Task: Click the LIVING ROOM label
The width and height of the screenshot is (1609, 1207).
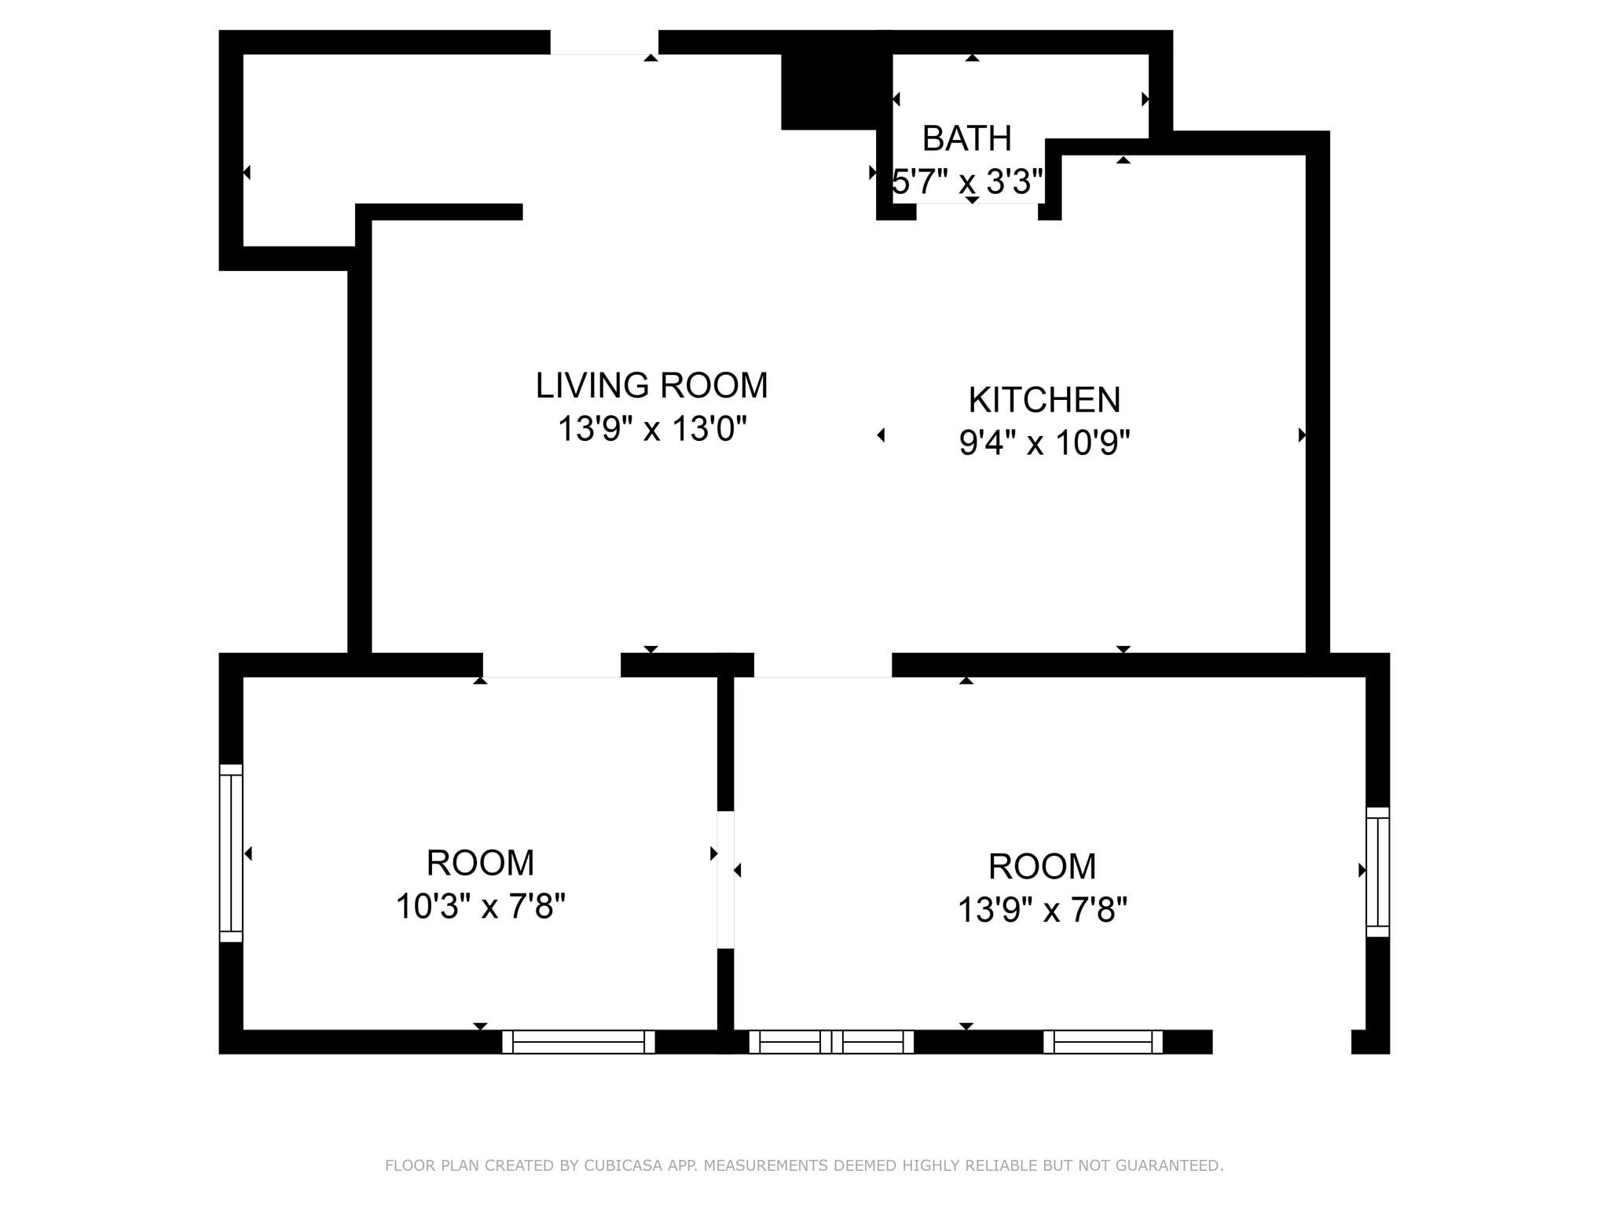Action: (x=651, y=385)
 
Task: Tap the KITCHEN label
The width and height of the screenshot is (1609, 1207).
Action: (x=1044, y=400)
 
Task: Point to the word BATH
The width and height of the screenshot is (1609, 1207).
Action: (x=966, y=138)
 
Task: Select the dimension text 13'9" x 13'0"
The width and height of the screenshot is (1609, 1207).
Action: (x=651, y=429)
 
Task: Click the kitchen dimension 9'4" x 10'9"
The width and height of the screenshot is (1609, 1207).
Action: (x=1044, y=443)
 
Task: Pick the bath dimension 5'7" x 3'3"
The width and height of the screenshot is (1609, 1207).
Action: (x=968, y=182)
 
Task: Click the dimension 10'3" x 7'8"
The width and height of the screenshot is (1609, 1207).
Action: (x=480, y=906)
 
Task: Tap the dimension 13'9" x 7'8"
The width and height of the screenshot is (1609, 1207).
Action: (x=1042, y=910)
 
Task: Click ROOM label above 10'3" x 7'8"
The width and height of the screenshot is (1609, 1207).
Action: (x=480, y=863)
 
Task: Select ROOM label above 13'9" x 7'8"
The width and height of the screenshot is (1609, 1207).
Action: (x=1042, y=867)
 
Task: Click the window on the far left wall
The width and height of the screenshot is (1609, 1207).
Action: (x=231, y=853)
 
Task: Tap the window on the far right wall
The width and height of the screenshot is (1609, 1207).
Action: (x=1378, y=871)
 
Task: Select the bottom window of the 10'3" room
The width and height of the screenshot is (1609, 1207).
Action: (x=578, y=1042)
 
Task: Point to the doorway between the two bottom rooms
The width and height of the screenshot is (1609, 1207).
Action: (x=726, y=879)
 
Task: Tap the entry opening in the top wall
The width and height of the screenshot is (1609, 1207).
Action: (x=604, y=42)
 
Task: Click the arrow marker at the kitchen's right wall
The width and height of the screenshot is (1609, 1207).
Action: (x=1302, y=435)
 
